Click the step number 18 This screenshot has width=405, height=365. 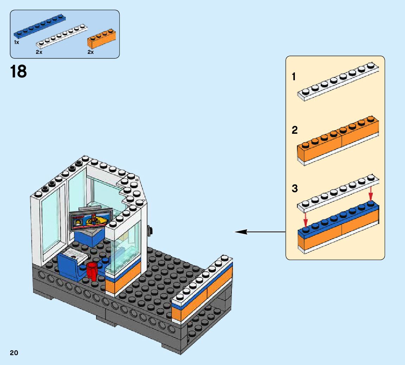pyautogui.click(x=18, y=71)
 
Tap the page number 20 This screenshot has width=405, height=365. pyautogui.click(x=14, y=353)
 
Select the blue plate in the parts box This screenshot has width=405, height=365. pyautogui.click(x=39, y=26)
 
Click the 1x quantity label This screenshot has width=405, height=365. pyautogui.click(x=16, y=42)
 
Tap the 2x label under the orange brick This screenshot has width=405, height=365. pyautogui.click(x=90, y=52)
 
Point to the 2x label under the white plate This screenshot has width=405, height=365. pyautogui.click(x=39, y=52)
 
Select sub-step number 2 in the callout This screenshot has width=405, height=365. pyautogui.click(x=295, y=131)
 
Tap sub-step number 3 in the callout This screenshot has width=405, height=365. pyautogui.click(x=295, y=189)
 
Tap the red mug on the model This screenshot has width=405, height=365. pyautogui.click(x=91, y=271)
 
